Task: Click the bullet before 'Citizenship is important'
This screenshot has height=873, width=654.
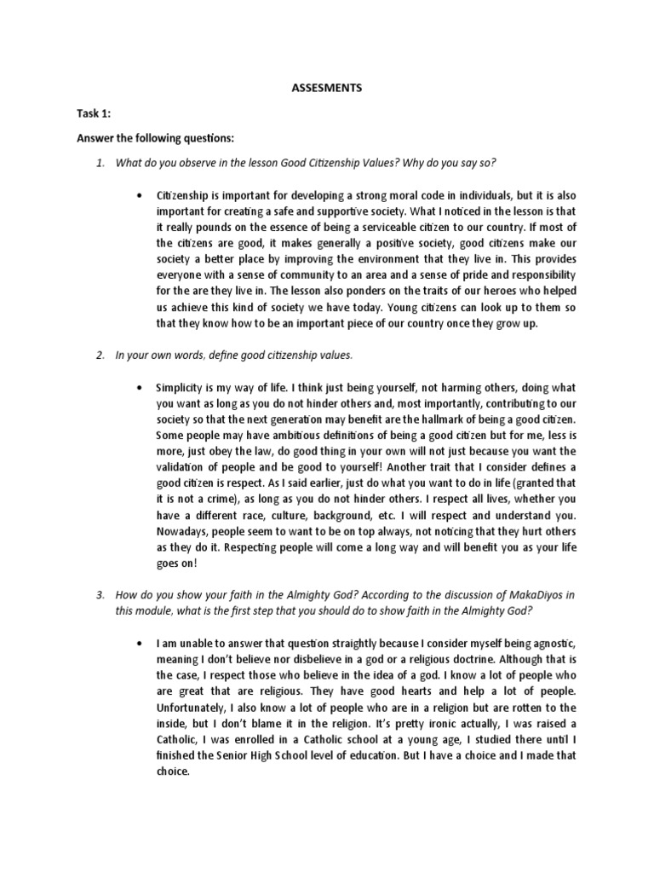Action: (138, 197)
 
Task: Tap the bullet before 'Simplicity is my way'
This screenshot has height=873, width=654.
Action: (138, 388)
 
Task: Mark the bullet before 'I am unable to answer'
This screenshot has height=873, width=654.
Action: (138, 644)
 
